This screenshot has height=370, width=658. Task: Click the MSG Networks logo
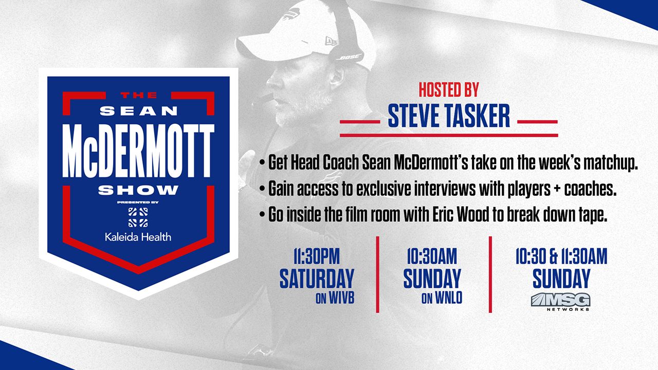pos(560,302)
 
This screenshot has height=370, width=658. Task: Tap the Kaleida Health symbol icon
pos(138,217)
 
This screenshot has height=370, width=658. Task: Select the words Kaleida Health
pos(138,237)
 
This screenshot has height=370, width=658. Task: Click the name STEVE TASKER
pos(449,116)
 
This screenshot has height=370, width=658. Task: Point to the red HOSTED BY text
pos(449,89)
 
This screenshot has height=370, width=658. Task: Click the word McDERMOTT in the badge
pos(138,151)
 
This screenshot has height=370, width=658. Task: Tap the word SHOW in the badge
pos(138,190)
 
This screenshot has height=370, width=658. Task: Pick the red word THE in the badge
pos(139,95)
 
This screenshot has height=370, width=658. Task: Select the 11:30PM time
pos(317,256)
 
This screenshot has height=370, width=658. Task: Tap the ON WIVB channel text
pos(335,298)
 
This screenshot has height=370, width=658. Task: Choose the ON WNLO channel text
pos(442,298)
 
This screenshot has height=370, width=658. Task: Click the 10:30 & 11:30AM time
pos(561,256)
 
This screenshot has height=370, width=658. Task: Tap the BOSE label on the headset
pos(349,57)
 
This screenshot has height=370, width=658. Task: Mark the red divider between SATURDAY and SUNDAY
pos(377,274)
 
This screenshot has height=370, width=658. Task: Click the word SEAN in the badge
pos(139,111)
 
